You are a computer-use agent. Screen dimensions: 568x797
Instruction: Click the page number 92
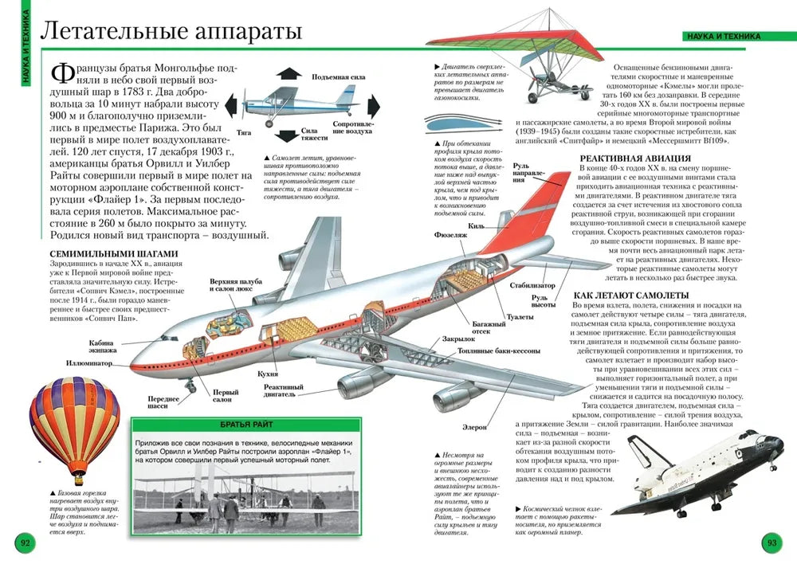pos(25,543)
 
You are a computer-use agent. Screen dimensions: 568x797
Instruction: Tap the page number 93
pos(771,543)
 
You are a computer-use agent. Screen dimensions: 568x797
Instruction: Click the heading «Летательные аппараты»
pos(171,32)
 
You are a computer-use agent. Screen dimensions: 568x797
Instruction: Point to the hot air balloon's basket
pos(77,480)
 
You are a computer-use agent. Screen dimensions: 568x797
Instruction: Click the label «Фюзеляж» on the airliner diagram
pos(450,236)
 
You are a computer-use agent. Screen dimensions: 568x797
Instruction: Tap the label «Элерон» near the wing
pos(477,427)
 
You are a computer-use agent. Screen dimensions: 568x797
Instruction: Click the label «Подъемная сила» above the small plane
pos(339,76)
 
